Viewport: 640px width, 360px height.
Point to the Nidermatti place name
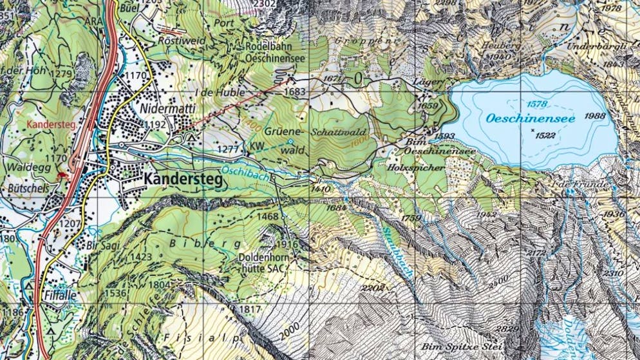tap(167, 109)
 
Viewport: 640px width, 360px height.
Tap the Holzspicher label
tap(416, 167)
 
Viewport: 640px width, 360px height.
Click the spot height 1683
tap(294, 92)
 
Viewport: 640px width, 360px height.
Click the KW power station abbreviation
tap(258, 146)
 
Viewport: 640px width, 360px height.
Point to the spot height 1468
tap(268, 217)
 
